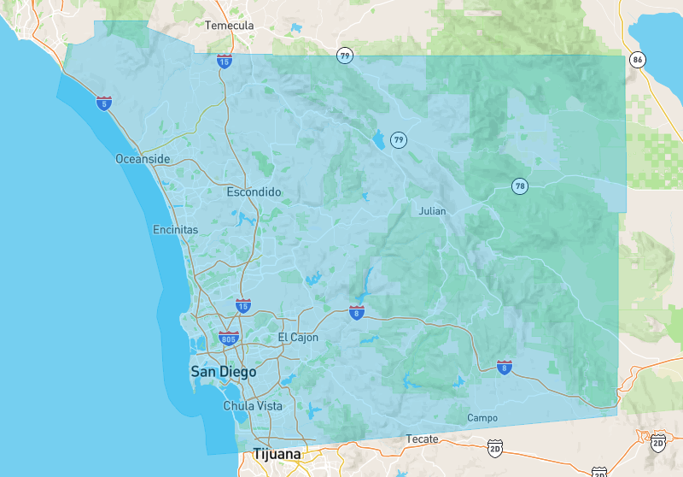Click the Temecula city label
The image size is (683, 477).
(230, 26)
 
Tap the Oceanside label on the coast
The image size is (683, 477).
(143, 159)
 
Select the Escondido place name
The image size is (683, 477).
(254, 192)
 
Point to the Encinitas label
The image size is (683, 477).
(175, 230)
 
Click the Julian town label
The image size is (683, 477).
(433, 210)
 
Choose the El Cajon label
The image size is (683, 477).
(298, 338)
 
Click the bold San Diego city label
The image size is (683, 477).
(223, 372)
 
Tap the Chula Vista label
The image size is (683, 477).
(253, 406)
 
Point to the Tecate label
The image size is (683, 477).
(423, 439)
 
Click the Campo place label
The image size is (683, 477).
(482, 418)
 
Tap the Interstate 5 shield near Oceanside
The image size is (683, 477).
(104, 103)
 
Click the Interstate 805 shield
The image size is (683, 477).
(228, 339)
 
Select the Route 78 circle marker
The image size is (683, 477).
(520, 185)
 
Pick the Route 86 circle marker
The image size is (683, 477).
(637, 60)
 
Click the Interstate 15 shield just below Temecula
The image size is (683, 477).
(224, 61)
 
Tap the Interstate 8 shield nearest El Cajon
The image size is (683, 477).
(357, 313)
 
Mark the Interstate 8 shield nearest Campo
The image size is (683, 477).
(505, 368)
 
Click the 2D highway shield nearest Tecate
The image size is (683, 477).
(495, 447)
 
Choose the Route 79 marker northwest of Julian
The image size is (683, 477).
(398, 139)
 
